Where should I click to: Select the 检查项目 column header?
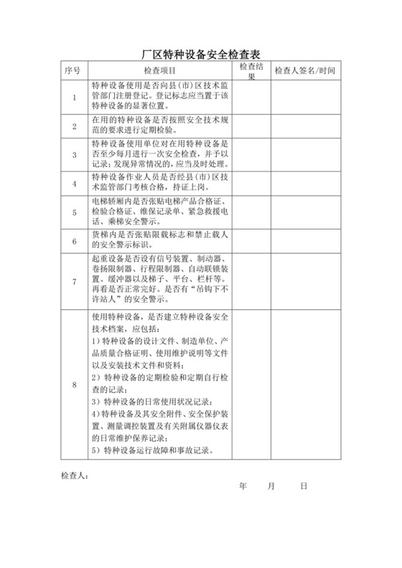[x=160, y=71]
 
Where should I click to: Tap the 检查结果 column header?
[x=251, y=70]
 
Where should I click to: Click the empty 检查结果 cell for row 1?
[x=251, y=97]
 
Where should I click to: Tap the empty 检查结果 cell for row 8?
[x=251, y=385]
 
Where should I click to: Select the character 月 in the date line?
[x=271, y=486]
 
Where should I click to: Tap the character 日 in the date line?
[x=304, y=486]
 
